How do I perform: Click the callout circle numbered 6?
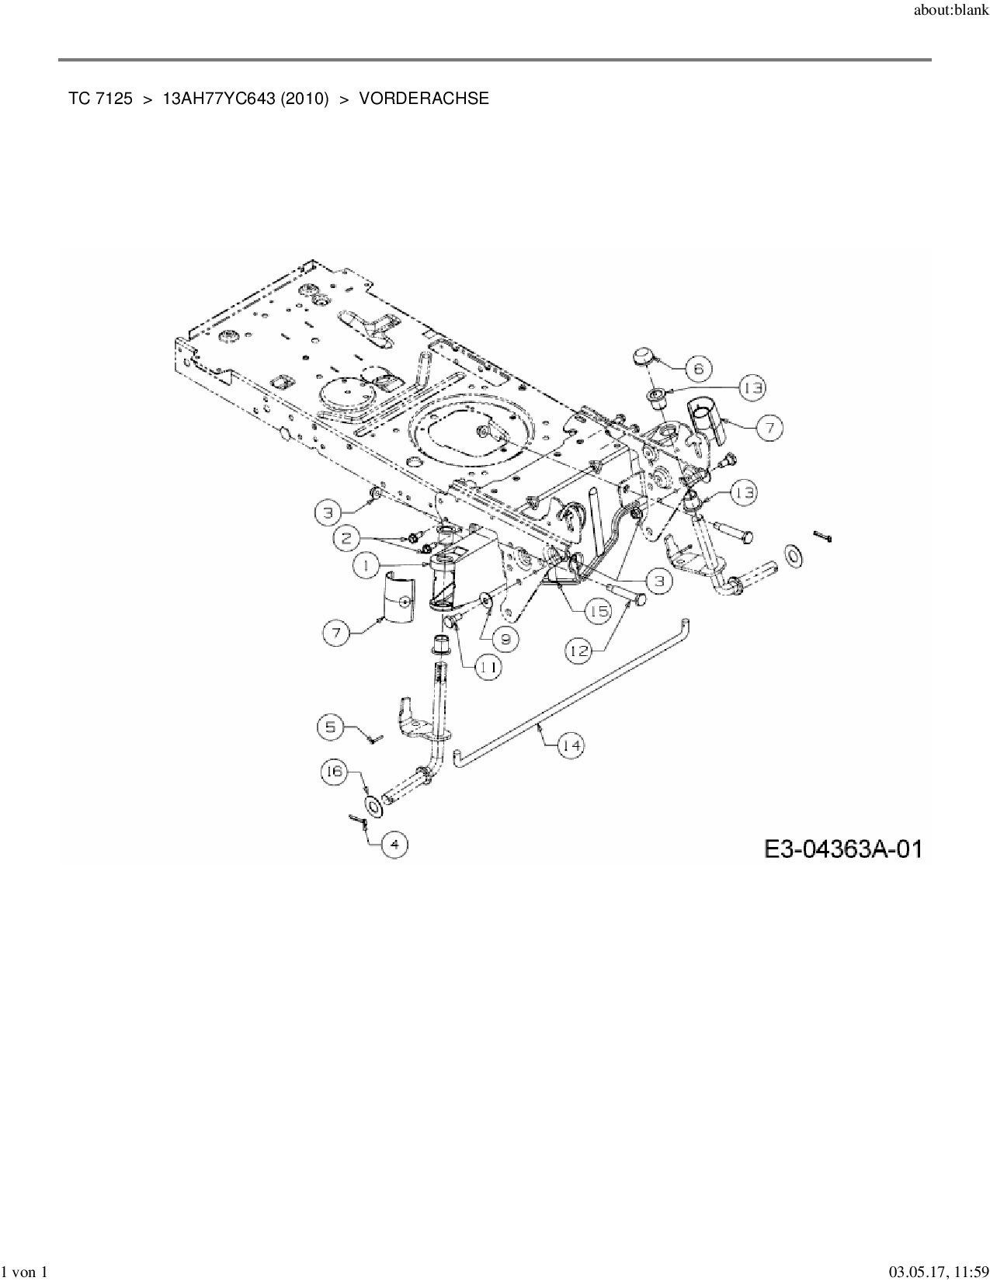point(698,368)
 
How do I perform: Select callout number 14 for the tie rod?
point(571,745)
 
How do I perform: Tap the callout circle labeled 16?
point(334,771)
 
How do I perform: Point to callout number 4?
point(394,844)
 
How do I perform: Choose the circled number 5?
point(331,727)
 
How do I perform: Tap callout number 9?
point(505,638)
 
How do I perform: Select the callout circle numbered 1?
point(366,566)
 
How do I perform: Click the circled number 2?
point(347,536)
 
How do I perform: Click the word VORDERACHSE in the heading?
point(424,99)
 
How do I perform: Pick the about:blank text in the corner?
point(952,11)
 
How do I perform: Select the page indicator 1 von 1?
point(24,1272)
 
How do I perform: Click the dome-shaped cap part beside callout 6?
point(643,357)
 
